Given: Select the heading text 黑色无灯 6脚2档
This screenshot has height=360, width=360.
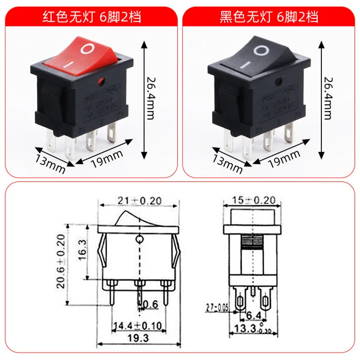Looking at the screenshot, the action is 269,18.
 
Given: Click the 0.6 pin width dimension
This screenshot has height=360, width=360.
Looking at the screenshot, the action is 152,306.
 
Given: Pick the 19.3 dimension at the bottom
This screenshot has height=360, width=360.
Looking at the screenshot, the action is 139,336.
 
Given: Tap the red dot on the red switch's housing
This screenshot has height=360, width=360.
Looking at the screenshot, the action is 99,81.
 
